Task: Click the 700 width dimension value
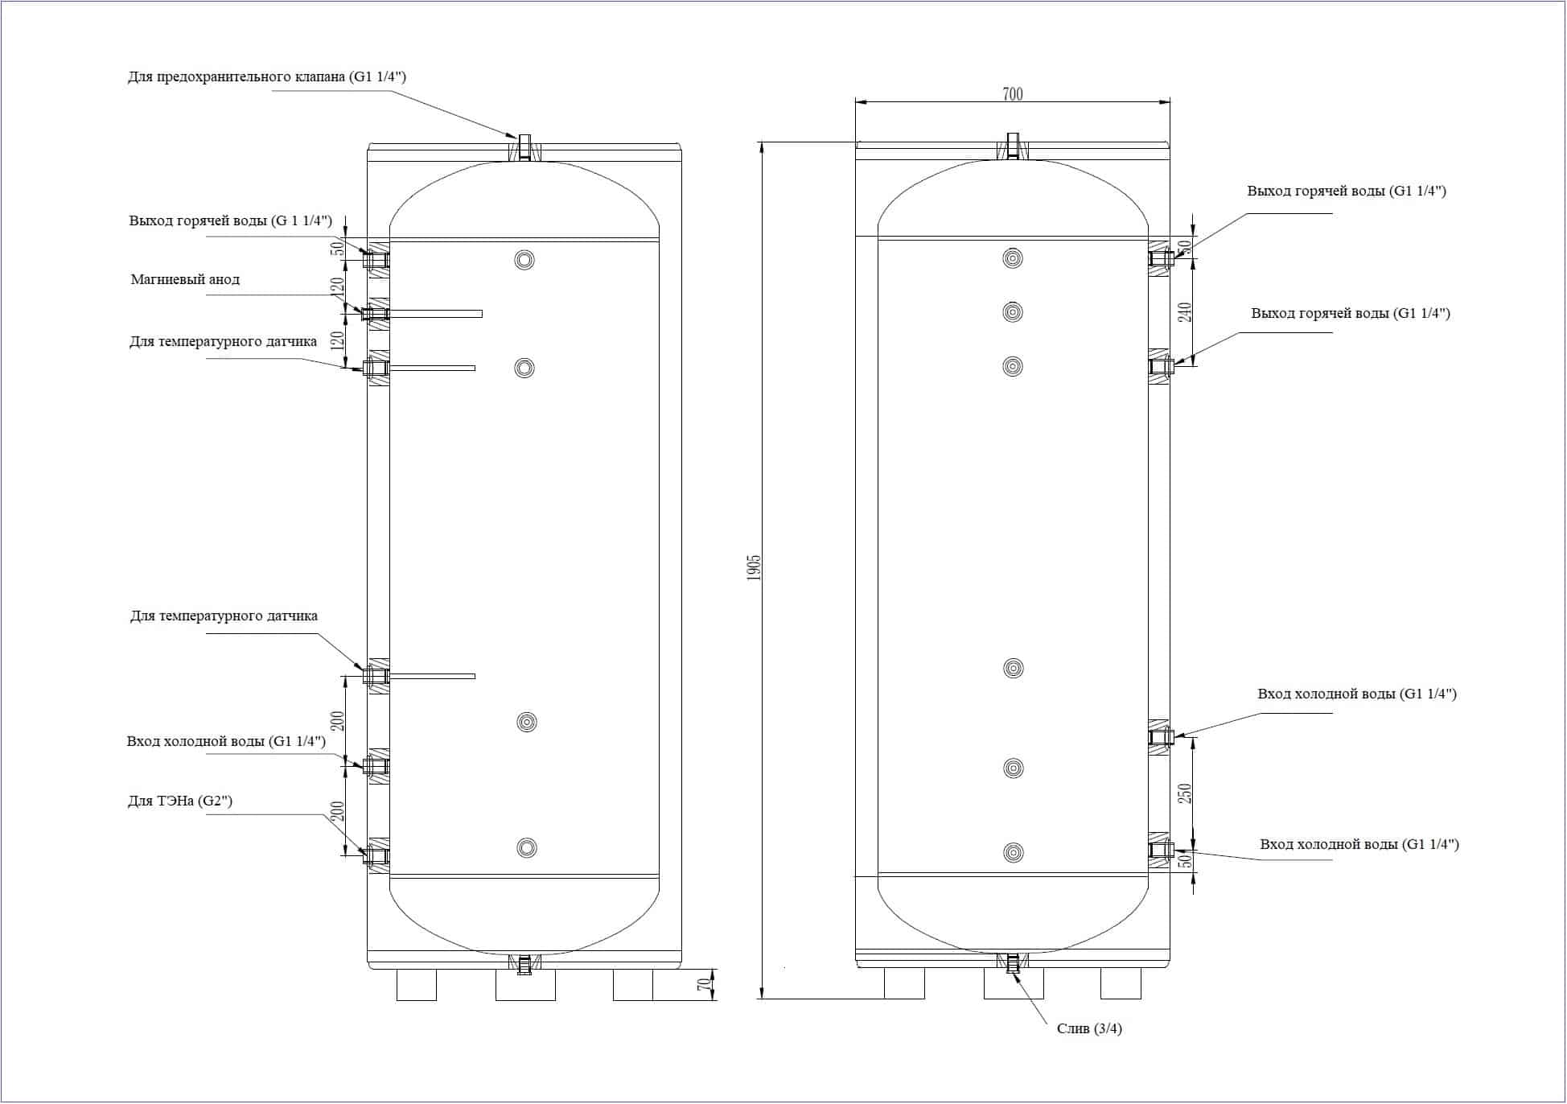1012,94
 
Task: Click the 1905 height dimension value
754,568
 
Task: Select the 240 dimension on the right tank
1185,312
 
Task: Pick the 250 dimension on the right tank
1185,793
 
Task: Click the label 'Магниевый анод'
185,280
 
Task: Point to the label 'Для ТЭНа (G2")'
180,801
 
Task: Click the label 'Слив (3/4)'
1089,1028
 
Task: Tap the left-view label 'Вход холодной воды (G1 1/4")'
226,741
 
